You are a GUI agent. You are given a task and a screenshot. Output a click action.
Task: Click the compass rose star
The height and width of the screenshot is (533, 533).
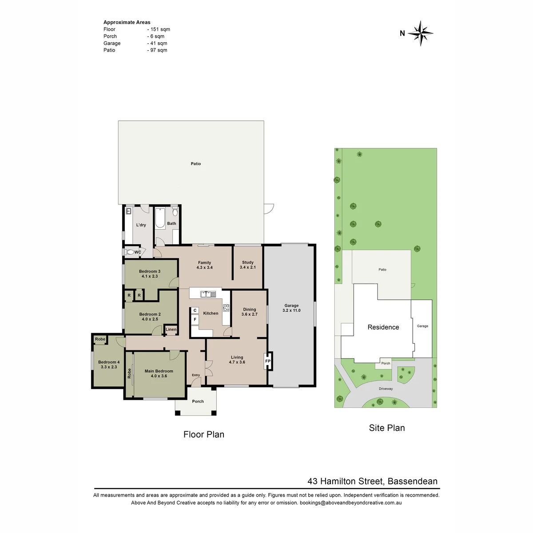coord(420,33)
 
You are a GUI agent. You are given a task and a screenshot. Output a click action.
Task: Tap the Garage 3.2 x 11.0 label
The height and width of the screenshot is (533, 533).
coord(291,308)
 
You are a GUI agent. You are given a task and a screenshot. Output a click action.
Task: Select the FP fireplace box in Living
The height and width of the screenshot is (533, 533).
coord(268,361)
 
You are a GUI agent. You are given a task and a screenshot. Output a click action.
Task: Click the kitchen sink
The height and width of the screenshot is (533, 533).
coord(208,294)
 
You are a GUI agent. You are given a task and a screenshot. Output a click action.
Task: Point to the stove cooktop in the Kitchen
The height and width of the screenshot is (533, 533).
coord(226,308)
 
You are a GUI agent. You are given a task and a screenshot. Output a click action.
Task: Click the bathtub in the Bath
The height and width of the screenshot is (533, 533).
coord(160,218)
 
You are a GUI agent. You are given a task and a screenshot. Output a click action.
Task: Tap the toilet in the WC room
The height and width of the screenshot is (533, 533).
coord(129,252)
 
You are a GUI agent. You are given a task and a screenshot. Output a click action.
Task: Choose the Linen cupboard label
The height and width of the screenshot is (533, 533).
coord(171,329)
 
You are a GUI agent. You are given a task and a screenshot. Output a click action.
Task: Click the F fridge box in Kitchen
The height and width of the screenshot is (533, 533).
coord(195,319)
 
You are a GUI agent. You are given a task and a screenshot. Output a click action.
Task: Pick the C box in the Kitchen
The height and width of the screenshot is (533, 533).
coord(195,310)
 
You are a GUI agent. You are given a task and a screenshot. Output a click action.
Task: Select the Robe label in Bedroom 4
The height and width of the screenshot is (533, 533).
coord(100,339)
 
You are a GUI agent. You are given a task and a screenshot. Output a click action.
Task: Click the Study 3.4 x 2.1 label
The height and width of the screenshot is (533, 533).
coord(247,265)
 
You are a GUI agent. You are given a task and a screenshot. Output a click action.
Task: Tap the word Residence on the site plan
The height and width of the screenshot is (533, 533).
coord(383,327)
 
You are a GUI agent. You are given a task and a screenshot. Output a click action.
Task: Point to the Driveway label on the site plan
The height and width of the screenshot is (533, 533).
coord(386,389)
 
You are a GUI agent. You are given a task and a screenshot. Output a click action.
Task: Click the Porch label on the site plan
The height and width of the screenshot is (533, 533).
coord(386,363)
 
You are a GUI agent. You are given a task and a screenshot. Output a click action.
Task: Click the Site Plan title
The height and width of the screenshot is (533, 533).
coord(387,428)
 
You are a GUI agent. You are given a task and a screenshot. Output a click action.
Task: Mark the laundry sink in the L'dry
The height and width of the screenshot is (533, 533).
coord(128,211)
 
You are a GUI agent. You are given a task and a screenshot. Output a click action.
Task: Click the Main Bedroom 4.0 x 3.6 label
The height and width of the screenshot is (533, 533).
coord(159,374)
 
